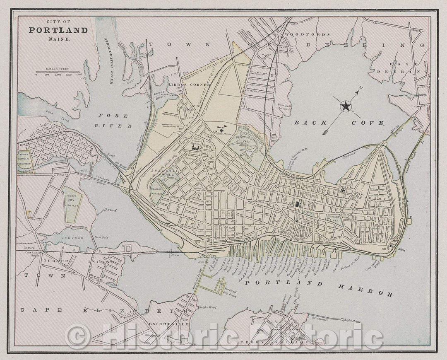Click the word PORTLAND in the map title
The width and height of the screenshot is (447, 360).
[x=58, y=30]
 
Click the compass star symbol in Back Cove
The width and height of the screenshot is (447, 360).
[x=345, y=107]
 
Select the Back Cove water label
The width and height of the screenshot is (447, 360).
[x=339, y=123]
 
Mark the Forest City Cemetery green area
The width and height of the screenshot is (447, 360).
[x=72, y=204]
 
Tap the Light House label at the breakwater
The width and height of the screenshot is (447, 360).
[x=353, y=320]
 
